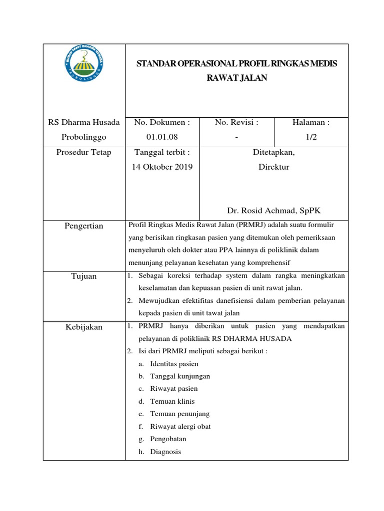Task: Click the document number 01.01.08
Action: (x=161, y=137)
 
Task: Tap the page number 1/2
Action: (x=311, y=137)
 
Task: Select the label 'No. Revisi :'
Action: (x=236, y=122)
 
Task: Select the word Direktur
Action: (x=273, y=167)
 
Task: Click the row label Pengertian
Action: (x=83, y=226)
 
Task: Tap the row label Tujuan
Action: (x=83, y=276)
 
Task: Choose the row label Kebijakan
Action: (x=83, y=327)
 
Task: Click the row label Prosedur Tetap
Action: (x=83, y=152)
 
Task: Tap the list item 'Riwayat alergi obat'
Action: (x=180, y=426)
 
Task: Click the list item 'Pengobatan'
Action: (x=168, y=439)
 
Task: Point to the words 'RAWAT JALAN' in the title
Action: (x=237, y=77)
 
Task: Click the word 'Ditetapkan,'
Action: (x=273, y=152)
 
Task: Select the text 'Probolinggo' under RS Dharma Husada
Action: (x=83, y=137)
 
